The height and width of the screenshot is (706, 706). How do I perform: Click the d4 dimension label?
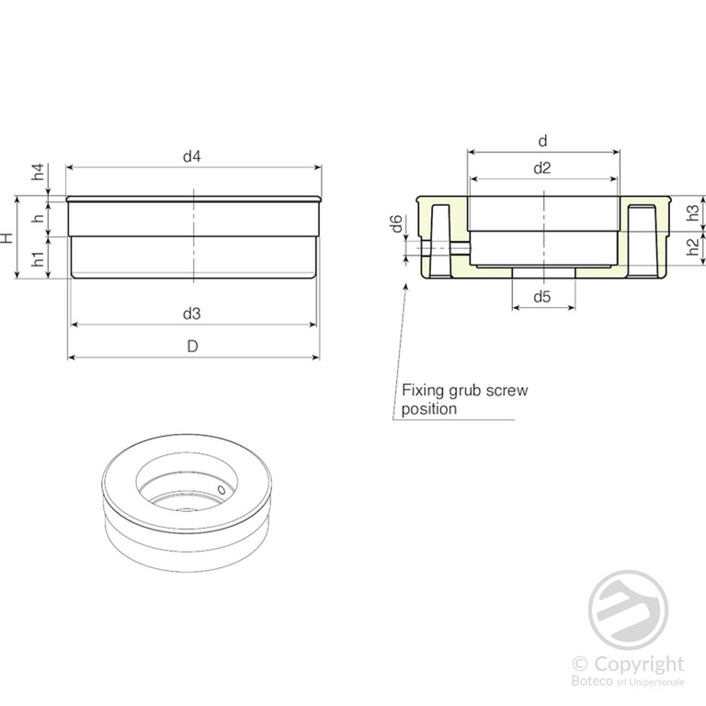point(192,156)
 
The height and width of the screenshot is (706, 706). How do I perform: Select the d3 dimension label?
point(192,313)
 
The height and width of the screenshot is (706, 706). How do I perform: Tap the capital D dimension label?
point(193,347)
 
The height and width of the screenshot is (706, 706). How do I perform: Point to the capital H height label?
point(6,238)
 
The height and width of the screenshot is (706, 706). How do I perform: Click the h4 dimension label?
point(39,172)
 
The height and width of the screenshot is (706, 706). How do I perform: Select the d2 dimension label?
point(542,168)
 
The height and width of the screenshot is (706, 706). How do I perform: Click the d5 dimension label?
point(542,296)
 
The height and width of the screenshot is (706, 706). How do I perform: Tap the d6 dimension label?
point(396,223)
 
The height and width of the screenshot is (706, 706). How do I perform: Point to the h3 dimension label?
point(693,212)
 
